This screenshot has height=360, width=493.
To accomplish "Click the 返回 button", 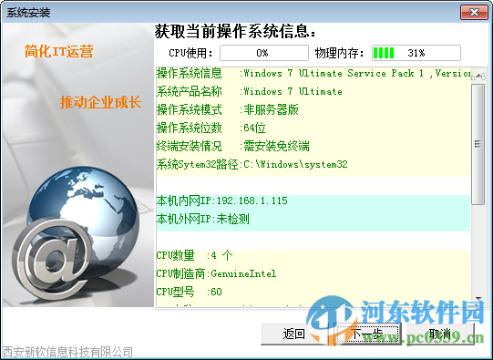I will (x=293, y=334).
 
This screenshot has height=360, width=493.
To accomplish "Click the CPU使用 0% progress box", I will (x=262, y=53).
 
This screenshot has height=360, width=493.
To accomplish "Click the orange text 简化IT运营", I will (x=59, y=52).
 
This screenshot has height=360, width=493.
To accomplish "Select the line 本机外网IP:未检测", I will (x=203, y=219).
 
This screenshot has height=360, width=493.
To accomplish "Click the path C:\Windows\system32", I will (x=294, y=164).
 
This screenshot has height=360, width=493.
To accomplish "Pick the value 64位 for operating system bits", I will (x=254, y=128).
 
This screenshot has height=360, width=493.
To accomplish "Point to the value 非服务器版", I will (x=265, y=109).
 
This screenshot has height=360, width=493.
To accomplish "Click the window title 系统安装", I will (x=28, y=12).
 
